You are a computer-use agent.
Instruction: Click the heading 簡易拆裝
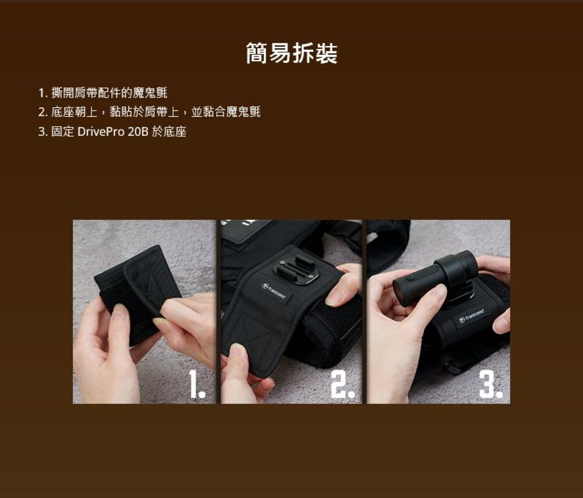coord(291,54)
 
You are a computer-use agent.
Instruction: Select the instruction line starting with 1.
coord(103,92)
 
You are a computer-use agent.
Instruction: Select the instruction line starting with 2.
coord(149,112)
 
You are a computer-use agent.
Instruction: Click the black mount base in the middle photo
coord(296,270)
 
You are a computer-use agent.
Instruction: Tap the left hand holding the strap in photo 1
coord(102,350)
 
